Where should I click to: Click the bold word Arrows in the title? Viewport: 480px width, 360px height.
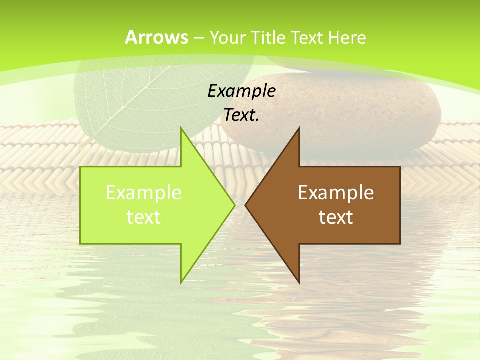pos(157,37)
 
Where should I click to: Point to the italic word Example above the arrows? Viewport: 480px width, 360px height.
pos(241,91)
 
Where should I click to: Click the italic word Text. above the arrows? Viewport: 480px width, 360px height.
pos(241,115)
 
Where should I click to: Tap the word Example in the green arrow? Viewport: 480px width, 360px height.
pos(144,193)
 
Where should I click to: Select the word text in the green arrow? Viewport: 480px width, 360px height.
pos(144,217)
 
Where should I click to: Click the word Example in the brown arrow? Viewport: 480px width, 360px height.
pos(336,193)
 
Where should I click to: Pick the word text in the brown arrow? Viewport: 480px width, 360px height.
pos(336,217)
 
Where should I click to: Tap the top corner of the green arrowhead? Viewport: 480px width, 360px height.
pos(181,129)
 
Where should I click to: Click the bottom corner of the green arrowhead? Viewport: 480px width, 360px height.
pos(181,282)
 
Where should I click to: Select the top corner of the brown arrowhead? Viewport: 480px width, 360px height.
pos(299,129)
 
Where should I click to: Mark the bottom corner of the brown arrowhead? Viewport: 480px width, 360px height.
pos(299,282)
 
